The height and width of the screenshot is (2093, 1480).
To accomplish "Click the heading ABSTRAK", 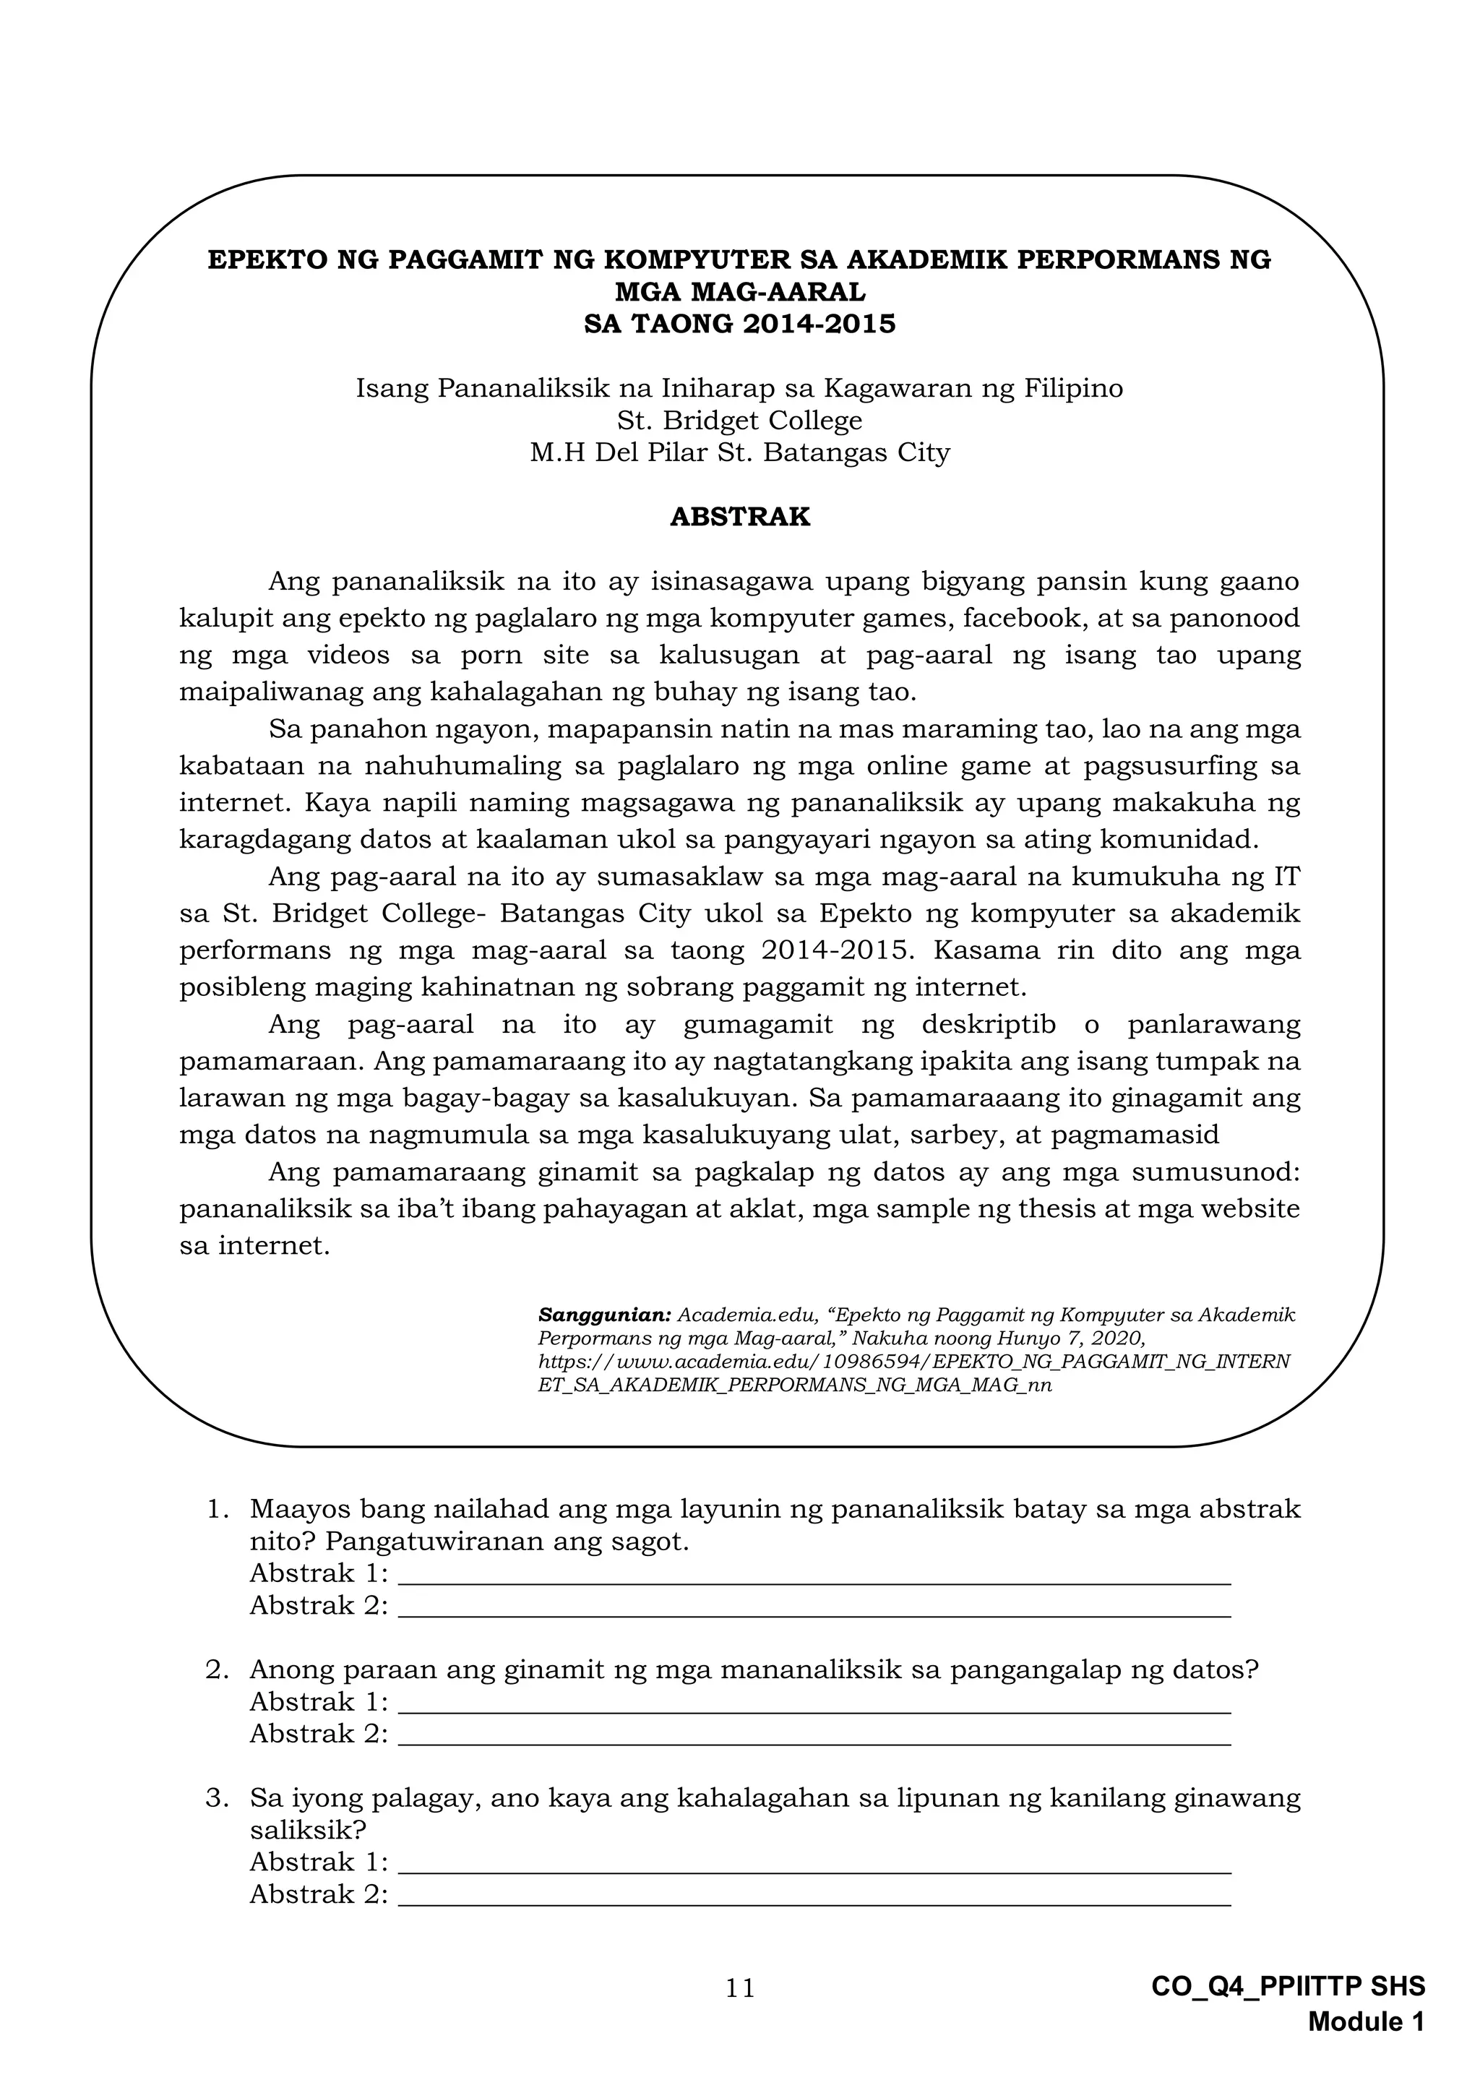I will click(739, 517).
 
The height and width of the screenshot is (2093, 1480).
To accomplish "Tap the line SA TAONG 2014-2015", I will click(739, 324).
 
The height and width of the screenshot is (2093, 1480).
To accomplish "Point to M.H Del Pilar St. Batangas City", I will click(739, 452).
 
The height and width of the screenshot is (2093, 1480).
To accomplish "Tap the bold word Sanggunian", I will click(604, 1315).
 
